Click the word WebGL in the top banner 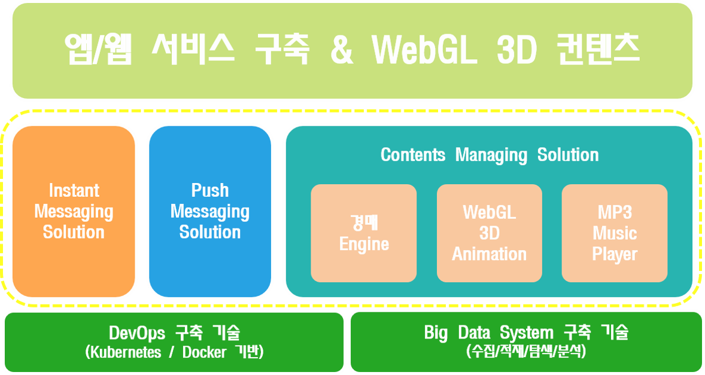pyautogui.click(x=424, y=50)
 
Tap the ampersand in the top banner pyautogui.click(x=342, y=50)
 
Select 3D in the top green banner pyautogui.click(x=516, y=50)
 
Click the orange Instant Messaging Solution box pyautogui.click(x=74, y=212)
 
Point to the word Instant pyautogui.click(x=74, y=190)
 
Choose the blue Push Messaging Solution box pyautogui.click(x=210, y=212)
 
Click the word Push pyautogui.click(x=210, y=190)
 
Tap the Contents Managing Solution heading pyautogui.click(x=490, y=155)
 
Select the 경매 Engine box pyautogui.click(x=364, y=233)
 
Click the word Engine pyautogui.click(x=364, y=245)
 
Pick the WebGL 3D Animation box pyautogui.click(x=489, y=233)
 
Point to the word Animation pyautogui.click(x=489, y=254)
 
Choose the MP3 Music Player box pyautogui.click(x=615, y=233)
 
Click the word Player pyautogui.click(x=615, y=255)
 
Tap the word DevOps pyautogui.click(x=137, y=333)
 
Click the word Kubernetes pyautogui.click(x=126, y=352)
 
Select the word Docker pyautogui.click(x=204, y=352)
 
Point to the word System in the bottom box pyautogui.click(x=527, y=333)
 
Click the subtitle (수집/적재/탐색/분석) pyautogui.click(x=527, y=351)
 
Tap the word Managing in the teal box pyautogui.click(x=491, y=156)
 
